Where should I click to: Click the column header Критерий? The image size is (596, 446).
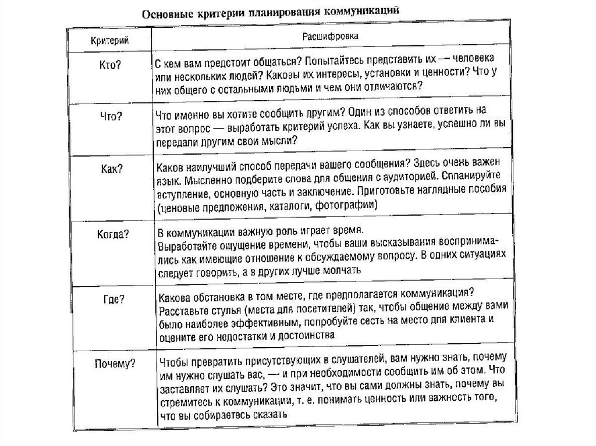point(109,40)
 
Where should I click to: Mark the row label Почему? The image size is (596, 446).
point(115,365)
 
